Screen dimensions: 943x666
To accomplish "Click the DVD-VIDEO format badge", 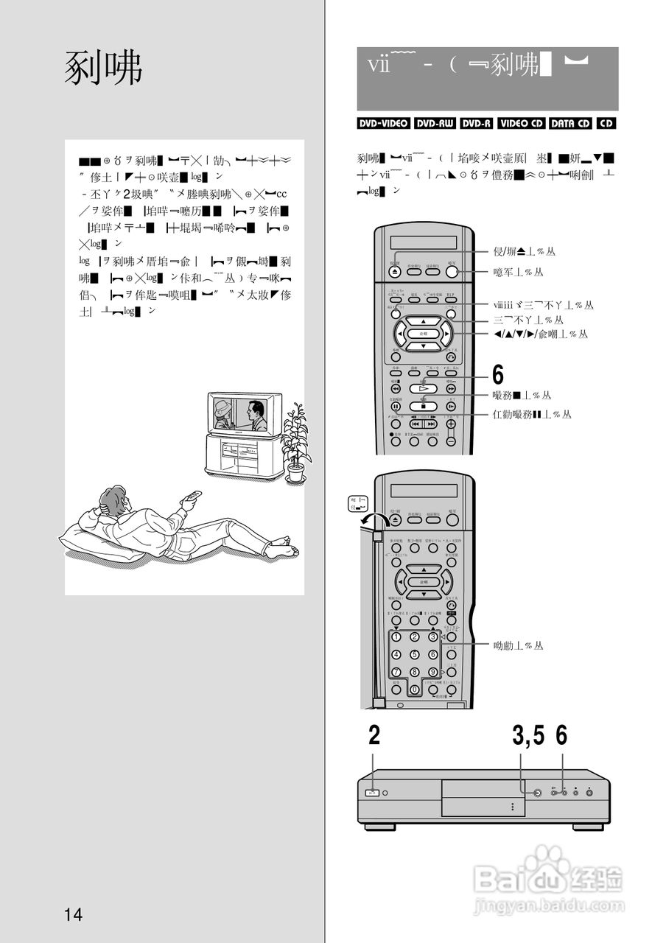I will pyautogui.click(x=383, y=124).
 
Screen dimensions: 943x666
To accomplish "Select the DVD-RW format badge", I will pyautogui.click(x=435, y=124).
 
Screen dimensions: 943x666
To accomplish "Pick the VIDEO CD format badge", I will pyautogui.click(x=521, y=124).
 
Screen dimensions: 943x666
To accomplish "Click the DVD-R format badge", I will pyautogui.click(x=477, y=124).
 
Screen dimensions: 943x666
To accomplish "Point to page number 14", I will pyautogui.click(x=73, y=915).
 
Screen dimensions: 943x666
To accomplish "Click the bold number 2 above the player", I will pyautogui.click(x=374, y=735).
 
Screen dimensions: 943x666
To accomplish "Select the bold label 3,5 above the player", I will pyautogui.click(x=528, y=735).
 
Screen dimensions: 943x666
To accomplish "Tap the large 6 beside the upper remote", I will pyautogui.click(x=498, y=374).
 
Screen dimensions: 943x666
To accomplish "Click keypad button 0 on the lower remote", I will pyautogui.click(x=414, y=690).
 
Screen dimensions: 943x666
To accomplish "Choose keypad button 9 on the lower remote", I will pyautogui.click(x=433, y=671).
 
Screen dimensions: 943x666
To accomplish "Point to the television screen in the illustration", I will pyautogui.click(x=240, y=416).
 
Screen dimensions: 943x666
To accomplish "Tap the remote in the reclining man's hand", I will pyautogui.click(x=192, y=498).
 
